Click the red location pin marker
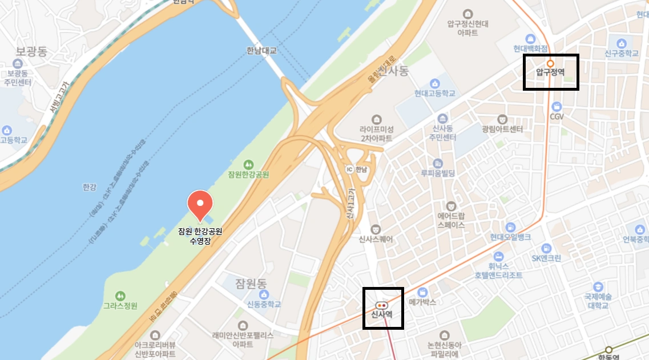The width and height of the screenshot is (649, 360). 200,204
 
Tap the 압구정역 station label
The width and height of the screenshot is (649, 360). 550,72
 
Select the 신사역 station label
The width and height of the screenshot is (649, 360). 382,314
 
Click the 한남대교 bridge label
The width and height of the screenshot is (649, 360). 261,51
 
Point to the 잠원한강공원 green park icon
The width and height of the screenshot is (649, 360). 248,164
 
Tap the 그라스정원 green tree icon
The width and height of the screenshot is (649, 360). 120,296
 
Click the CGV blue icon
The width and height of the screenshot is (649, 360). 557,107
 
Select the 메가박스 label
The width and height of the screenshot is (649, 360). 422,302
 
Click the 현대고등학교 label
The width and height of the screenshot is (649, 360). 435,93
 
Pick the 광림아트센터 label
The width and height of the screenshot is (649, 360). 502,130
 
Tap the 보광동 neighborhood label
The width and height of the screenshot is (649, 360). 31,51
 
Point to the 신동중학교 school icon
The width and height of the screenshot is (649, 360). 264,294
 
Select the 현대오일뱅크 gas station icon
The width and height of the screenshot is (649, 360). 510,226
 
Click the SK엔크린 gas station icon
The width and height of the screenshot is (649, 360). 546,248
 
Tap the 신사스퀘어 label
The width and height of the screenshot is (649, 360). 376,240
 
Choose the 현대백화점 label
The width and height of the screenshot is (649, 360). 530,48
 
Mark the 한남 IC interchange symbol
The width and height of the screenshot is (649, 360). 350,169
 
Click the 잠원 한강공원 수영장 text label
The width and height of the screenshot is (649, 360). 199,237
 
